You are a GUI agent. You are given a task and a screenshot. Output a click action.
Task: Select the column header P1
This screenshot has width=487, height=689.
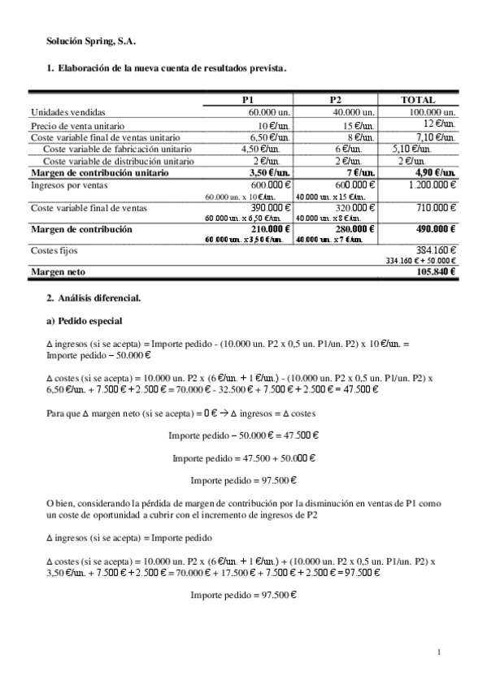tap(249, 99)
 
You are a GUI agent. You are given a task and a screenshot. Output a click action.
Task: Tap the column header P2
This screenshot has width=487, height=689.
tap(335, 99)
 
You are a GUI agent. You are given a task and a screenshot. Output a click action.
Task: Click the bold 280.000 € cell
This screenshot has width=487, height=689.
tap(354, 230)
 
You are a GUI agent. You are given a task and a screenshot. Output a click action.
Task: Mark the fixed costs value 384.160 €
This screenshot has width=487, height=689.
tap(436, 251)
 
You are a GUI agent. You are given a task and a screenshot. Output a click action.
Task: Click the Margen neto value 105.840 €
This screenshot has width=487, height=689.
tap(436, 272)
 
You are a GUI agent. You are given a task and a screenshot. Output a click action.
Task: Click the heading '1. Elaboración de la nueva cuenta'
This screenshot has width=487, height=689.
tap(167, 69)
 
